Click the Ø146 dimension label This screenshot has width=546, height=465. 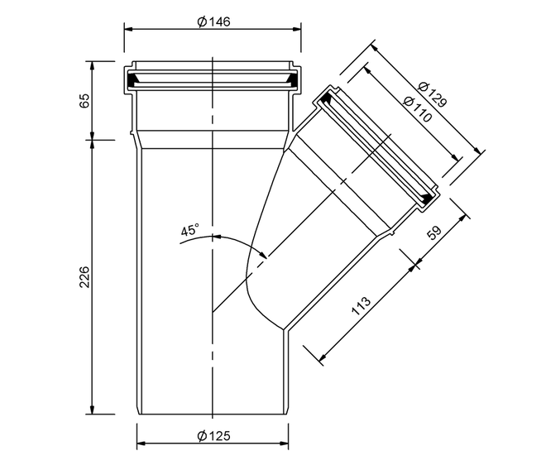[213, 22]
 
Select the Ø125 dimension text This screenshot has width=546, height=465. [213, 436]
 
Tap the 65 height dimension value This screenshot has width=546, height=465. [85, 101]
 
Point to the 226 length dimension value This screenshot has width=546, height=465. [85, 277]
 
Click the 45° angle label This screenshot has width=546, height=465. [190, 229]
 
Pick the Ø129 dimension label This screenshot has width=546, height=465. [432, 95]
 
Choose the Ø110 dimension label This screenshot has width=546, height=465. [417, 109]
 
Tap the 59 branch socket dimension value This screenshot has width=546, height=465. [434, 233]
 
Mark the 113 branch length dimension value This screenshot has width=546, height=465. [361, 306]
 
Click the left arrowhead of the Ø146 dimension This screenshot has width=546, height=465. [129, 29]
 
